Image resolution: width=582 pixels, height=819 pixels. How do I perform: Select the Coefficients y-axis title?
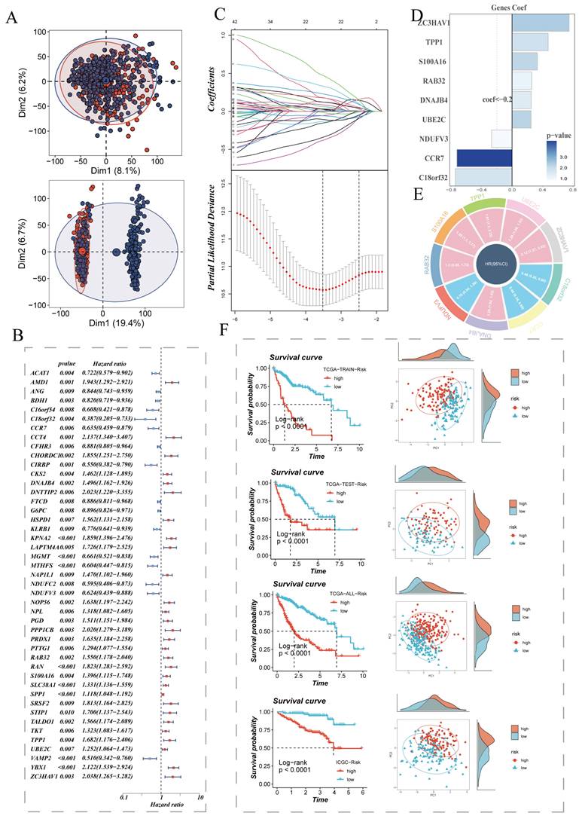coord(220,91)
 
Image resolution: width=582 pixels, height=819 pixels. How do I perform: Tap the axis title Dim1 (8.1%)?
coord(106,173)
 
